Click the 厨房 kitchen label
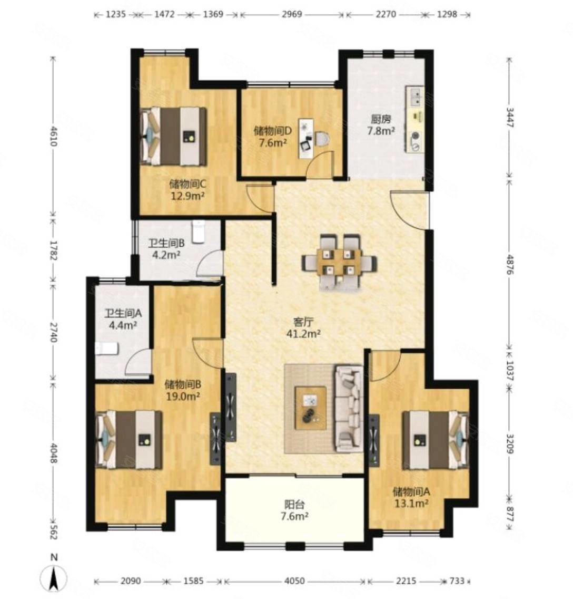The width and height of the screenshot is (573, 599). point(380,119)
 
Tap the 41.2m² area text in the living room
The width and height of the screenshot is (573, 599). point(303,333)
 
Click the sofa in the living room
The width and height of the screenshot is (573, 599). point(349,408)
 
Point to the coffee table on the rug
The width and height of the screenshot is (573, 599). point(311,408)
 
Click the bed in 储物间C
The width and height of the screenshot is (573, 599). point(174,136)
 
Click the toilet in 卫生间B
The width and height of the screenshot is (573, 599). point(199,231)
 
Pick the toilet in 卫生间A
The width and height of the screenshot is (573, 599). point(107,349)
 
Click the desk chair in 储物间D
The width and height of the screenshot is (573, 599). point(322,138)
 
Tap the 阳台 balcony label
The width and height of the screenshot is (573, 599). point(294,504)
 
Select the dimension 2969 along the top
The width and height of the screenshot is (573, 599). point(292,14)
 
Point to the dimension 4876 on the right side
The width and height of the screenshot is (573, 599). point(510,263)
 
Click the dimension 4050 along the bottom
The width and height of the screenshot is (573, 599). point(294,581)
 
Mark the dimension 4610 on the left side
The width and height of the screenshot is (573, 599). point(53,136)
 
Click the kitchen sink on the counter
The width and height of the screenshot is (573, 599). point(416,97)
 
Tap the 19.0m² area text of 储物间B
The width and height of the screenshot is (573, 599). point(183,396)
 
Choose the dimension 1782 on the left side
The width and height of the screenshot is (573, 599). point(53,251)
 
